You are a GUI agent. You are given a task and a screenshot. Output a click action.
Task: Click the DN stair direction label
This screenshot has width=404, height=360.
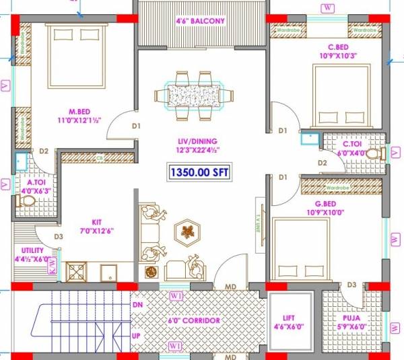tap(138, 305)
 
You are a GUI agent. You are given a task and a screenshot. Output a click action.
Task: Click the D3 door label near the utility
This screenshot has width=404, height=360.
tap(58, 237)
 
